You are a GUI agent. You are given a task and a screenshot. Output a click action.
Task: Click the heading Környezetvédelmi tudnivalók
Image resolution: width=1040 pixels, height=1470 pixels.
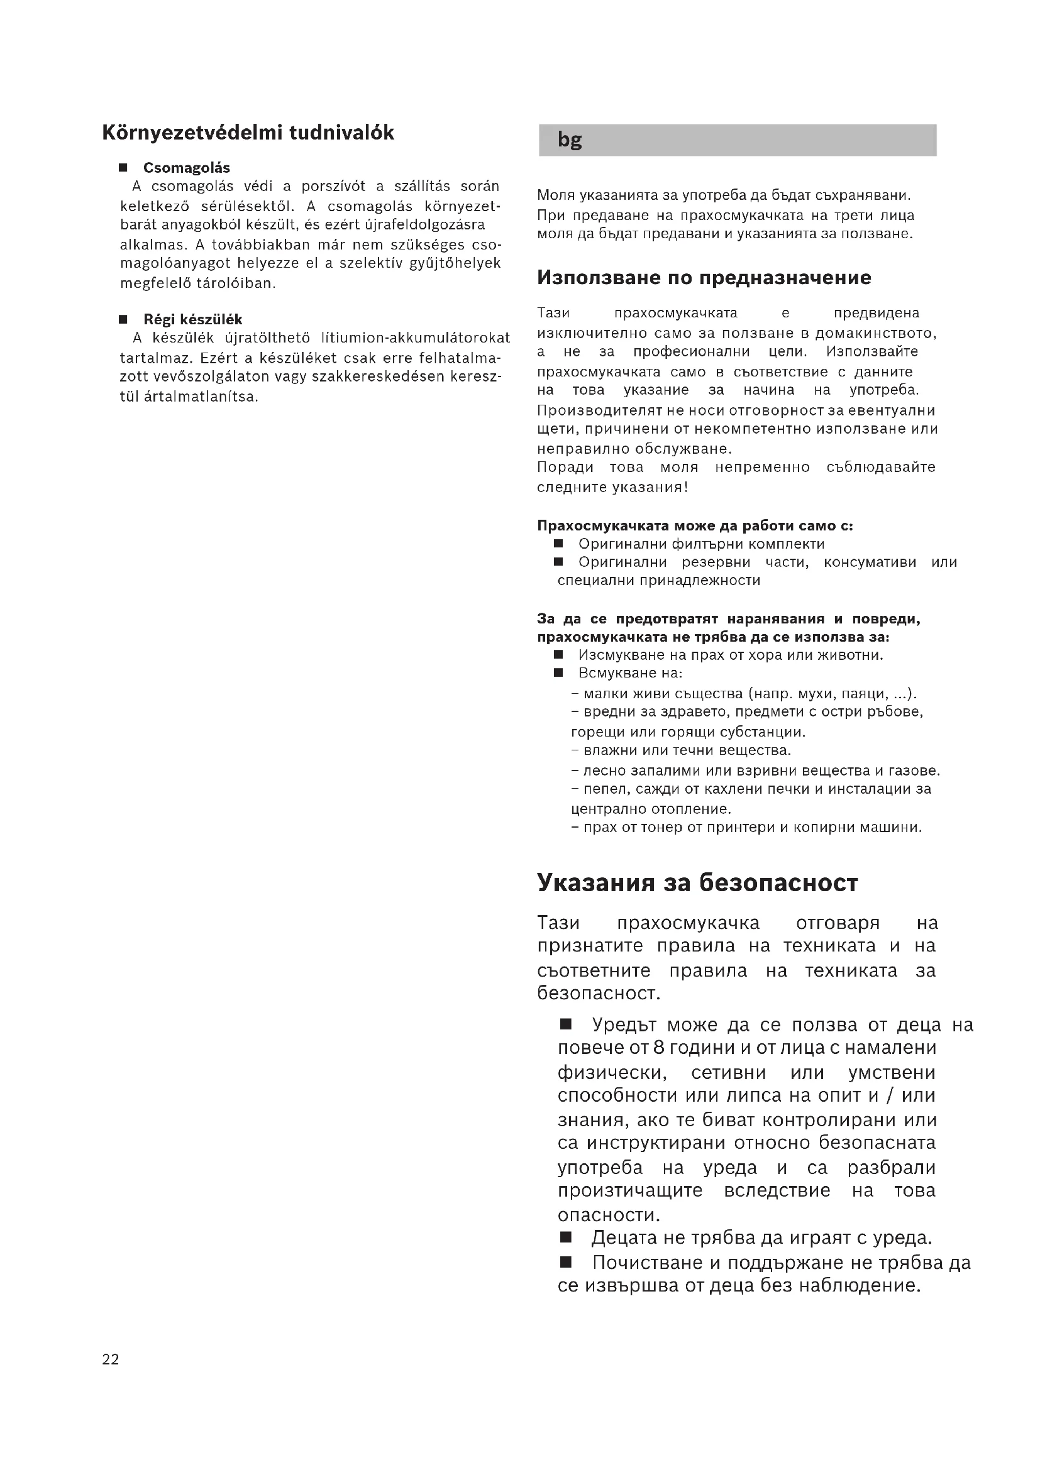coord(248,133)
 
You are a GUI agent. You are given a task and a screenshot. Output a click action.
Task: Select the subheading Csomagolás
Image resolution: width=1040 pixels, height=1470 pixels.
coord(186,168)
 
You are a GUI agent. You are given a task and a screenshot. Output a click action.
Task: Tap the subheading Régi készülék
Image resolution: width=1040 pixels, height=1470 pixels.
coord(193,319)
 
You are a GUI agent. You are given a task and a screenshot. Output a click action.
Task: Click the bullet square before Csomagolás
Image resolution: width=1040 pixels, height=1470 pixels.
coord(123,168)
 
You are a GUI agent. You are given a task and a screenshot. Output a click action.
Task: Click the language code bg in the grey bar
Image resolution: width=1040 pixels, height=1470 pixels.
coord(569,140)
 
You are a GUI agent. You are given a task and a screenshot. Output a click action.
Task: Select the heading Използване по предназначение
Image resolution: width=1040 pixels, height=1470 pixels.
coord(704,277)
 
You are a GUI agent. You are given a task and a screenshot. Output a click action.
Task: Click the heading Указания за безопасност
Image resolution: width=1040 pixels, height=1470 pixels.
coord(697,883)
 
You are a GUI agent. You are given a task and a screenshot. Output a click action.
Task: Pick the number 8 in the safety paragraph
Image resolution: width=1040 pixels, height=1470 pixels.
coord(658,1048)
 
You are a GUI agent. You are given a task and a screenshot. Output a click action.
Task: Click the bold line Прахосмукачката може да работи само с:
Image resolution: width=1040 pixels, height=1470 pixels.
coord(695,525)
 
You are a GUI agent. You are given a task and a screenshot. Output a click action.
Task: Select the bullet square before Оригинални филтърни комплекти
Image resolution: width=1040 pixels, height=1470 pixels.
coord(558,544)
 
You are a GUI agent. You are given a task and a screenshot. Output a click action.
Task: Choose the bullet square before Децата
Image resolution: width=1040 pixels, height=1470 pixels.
coord(565,1236)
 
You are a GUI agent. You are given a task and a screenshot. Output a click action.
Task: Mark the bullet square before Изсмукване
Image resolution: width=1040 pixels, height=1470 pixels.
coord(558,654)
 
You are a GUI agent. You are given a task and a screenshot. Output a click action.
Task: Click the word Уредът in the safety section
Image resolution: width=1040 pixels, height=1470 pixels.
coord(624,1025)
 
